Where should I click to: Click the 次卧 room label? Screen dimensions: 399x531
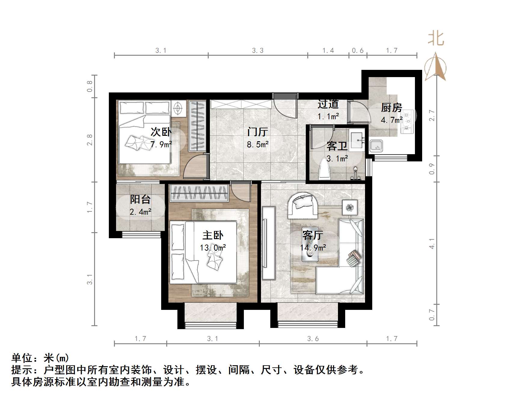pos(161,132)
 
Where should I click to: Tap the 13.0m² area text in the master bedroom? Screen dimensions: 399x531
pos(213,248)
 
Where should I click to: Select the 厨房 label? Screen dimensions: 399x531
pos(391,108)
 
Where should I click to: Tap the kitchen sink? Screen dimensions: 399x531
pos(376,146)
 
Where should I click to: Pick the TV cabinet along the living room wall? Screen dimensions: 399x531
pos(268,243)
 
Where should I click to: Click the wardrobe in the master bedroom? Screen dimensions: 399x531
pos(199,193)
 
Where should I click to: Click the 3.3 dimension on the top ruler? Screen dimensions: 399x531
pos(258,51)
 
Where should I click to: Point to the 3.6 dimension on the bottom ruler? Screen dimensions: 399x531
pos(313,339)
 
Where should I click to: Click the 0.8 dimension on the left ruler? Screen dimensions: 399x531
pos(90,86)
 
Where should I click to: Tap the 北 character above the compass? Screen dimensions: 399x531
pos(436,39)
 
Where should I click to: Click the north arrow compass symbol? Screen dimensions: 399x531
pos(435,67)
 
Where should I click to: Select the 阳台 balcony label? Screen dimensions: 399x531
pos(140,199)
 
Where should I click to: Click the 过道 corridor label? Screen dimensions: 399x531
pos(328,104)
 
